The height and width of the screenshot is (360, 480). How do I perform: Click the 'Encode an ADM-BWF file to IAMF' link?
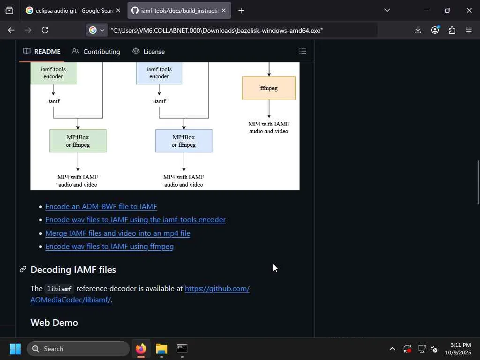click(x=101, y=207)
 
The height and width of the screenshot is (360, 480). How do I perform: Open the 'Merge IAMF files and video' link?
click(x=118, y=233)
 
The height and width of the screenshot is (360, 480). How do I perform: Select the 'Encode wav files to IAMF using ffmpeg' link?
click(x=109, y=247)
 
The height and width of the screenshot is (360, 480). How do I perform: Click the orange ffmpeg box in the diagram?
click(x=269, y=88)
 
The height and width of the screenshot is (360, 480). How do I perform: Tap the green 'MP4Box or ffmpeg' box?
click(x=78, y=141)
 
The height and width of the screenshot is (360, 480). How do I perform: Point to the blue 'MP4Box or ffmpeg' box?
click(x=184, y=141)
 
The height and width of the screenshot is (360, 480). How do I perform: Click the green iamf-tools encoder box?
click(x=53, y=73)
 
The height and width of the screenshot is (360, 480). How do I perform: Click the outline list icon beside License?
click(x=303, y=52)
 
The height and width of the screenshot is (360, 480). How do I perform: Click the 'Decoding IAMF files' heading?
click(x=73, y=270)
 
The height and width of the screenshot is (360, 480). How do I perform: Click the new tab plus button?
click(x=241, y=11)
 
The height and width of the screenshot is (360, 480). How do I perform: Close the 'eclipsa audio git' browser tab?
click(x=118, y=10)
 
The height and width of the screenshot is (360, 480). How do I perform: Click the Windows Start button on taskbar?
click(x=15, y=349)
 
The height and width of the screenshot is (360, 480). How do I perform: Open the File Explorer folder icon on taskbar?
click(x=162, y=349)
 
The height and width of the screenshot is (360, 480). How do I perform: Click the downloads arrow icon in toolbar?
click(x=418, y=30)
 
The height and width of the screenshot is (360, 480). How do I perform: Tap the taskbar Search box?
click(x=78, y=349)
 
